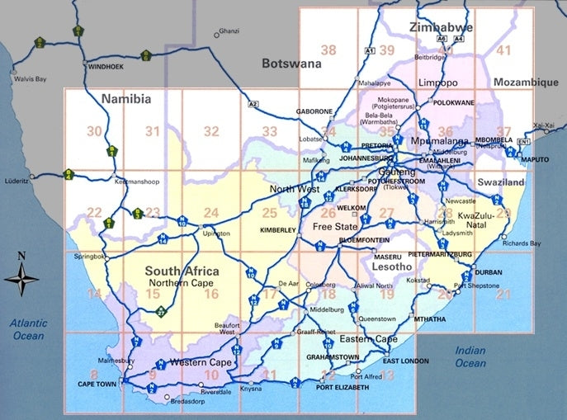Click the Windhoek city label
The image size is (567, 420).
click(105, 65)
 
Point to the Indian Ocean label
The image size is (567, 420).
click(470, 356)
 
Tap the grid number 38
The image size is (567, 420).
click(328, 51)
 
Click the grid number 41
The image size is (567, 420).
click(503, 51)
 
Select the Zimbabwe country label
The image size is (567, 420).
click(441, 28)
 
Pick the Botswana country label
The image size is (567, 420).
click(289, 64)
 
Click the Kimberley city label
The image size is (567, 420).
click(277, 230)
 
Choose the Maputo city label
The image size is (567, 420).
click(535, 158)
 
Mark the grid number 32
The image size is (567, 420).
click(211, 131)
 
